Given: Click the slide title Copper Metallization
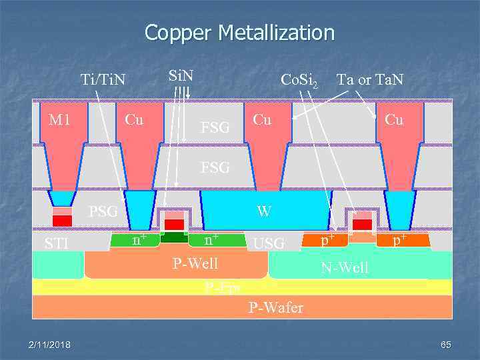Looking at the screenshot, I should point(239,32).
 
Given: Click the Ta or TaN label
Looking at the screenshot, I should point(370,80).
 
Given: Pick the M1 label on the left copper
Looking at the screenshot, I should point(59,120).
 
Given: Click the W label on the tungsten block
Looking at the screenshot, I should point(264,211).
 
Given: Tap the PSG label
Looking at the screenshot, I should point(104,212).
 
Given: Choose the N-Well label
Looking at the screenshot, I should point(344,268).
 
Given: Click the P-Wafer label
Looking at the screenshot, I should point(275,307).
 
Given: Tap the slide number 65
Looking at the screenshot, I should point(446,344).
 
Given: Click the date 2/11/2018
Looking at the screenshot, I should point(50,344).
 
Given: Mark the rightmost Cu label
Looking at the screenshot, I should point(394,120).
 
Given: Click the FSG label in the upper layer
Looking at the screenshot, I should point(215,127).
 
